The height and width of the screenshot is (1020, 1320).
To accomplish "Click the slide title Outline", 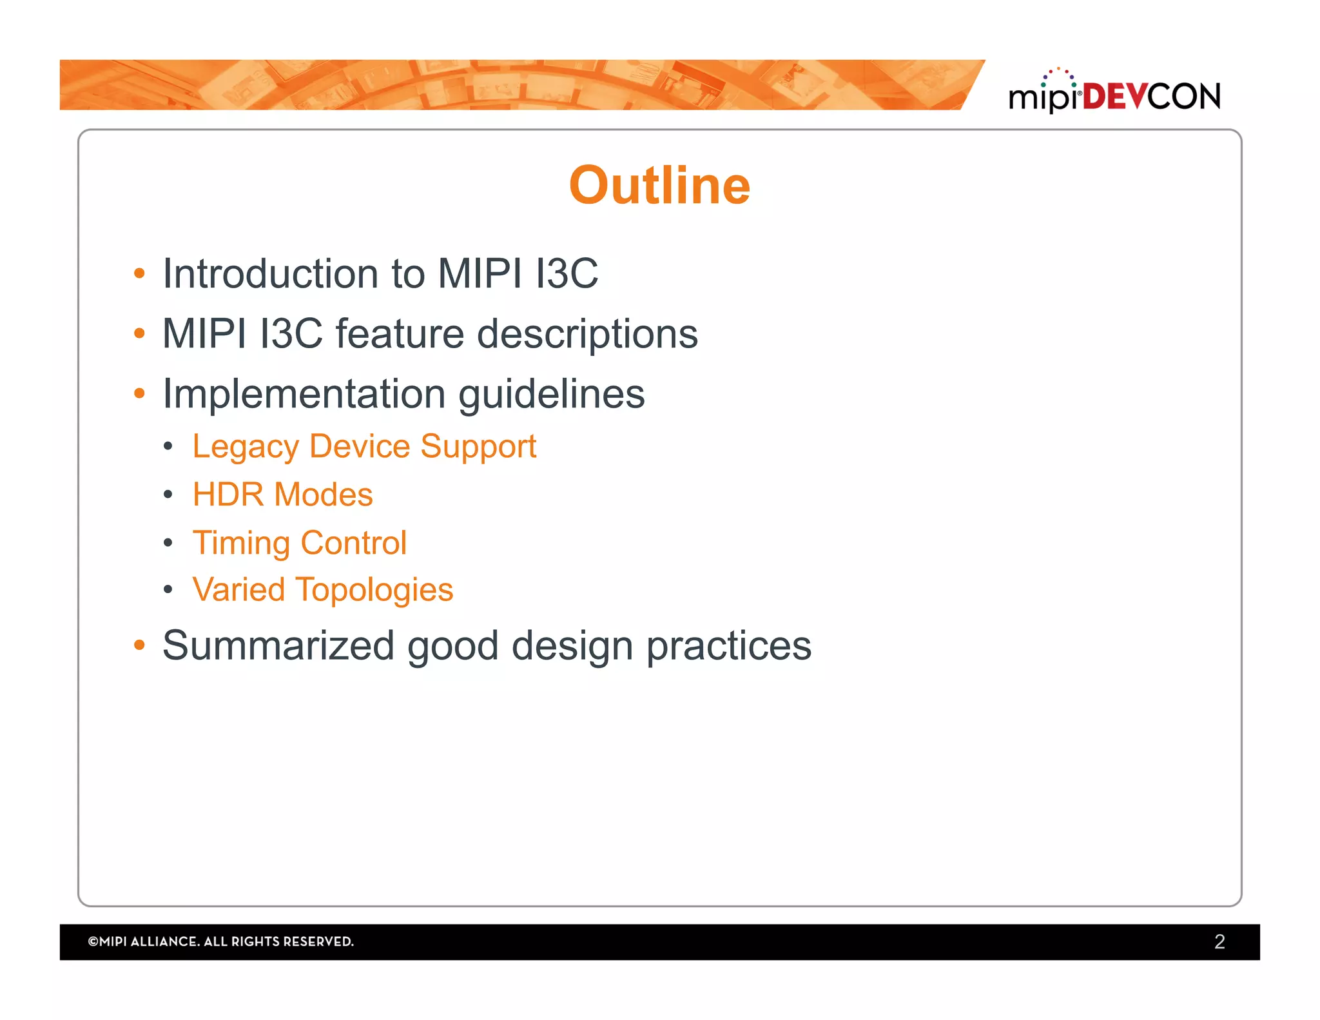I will (x=659, y=186).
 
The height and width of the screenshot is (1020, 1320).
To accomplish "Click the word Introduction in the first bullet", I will (x=270, y=273).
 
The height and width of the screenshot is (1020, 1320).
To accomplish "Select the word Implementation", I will (x=304, y=395).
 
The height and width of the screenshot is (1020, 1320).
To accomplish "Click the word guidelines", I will (x=551, y=395).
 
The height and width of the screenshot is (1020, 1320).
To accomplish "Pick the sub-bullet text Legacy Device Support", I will (x=364, y=447).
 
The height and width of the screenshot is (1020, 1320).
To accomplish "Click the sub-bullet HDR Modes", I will (x=282, y=495).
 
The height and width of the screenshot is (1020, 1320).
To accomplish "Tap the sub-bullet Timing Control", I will (x=300, y=543).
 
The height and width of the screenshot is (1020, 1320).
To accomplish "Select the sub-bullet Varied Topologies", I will (x=323, y=590).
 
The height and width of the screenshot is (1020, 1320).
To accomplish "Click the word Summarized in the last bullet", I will (x=278, y=645).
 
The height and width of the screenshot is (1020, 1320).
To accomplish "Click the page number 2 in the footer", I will (x=1219, y=941).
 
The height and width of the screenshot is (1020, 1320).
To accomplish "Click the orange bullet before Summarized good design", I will (x=139, y=645).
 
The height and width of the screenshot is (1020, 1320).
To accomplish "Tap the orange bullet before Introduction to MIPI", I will (x=139, y=273).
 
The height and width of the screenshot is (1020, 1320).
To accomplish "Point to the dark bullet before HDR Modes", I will (x=168, y=495).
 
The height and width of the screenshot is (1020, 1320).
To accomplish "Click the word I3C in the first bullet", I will (x=567, y=273).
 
